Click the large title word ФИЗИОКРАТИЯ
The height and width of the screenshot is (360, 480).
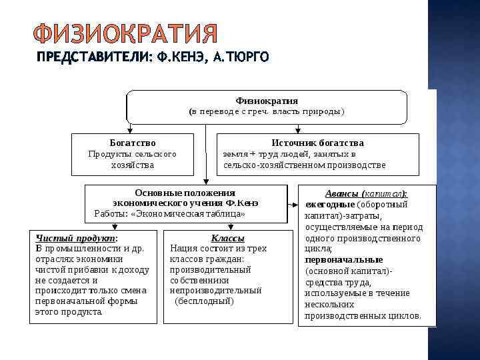tap(125, 34)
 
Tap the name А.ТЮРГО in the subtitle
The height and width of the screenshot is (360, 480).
tap(239, 58)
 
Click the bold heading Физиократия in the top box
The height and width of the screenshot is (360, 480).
tap(267, 101)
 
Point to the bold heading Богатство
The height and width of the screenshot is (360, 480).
tap(133, 143)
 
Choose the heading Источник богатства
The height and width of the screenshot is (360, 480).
tap(317, 143)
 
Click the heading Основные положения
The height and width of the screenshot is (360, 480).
tap(185, 193)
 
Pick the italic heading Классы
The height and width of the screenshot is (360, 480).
tap(227, 238)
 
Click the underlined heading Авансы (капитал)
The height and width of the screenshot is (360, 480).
tap(366, 193)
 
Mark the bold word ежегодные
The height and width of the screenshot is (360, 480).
tap(330, 205)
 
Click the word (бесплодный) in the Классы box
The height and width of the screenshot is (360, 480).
tap(204, 301)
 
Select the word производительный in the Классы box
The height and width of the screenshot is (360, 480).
tap(210, 269)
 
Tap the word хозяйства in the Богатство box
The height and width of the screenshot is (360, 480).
tap(133, 165)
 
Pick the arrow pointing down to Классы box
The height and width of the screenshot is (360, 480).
tap(227, 225)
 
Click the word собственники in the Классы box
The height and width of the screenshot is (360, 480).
tap(200, 280)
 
